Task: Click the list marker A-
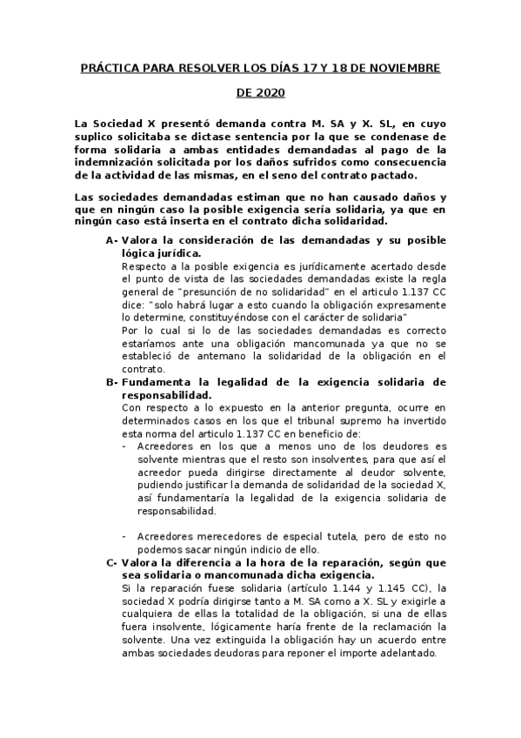coord(111,239)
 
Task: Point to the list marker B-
coord(111,382)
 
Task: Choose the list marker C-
coord(111,563)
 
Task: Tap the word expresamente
coord(403,308)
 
